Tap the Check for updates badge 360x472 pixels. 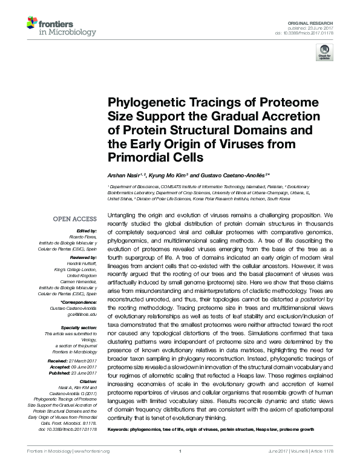coord(323,55)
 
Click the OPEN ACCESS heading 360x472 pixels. coord(75,219)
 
